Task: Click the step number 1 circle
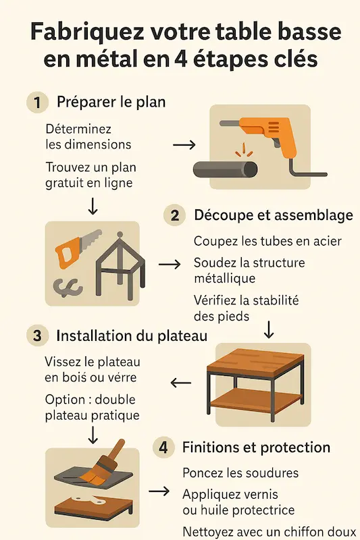click(38, 103)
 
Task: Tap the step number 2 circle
click(175, 215)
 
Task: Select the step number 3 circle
click(37, 335)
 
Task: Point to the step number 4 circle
click(163, 447)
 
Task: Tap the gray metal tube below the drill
click(226, 169)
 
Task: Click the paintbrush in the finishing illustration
click(103, 462)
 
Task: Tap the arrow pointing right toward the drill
click(184, 144)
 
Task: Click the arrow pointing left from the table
click(181, 383)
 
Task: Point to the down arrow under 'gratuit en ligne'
click(93, 207)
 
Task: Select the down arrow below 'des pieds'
click(269, 329)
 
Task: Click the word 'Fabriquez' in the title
click(87, 32)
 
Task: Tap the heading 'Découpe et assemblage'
click(274, 215)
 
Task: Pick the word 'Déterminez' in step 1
click(78, 129)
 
